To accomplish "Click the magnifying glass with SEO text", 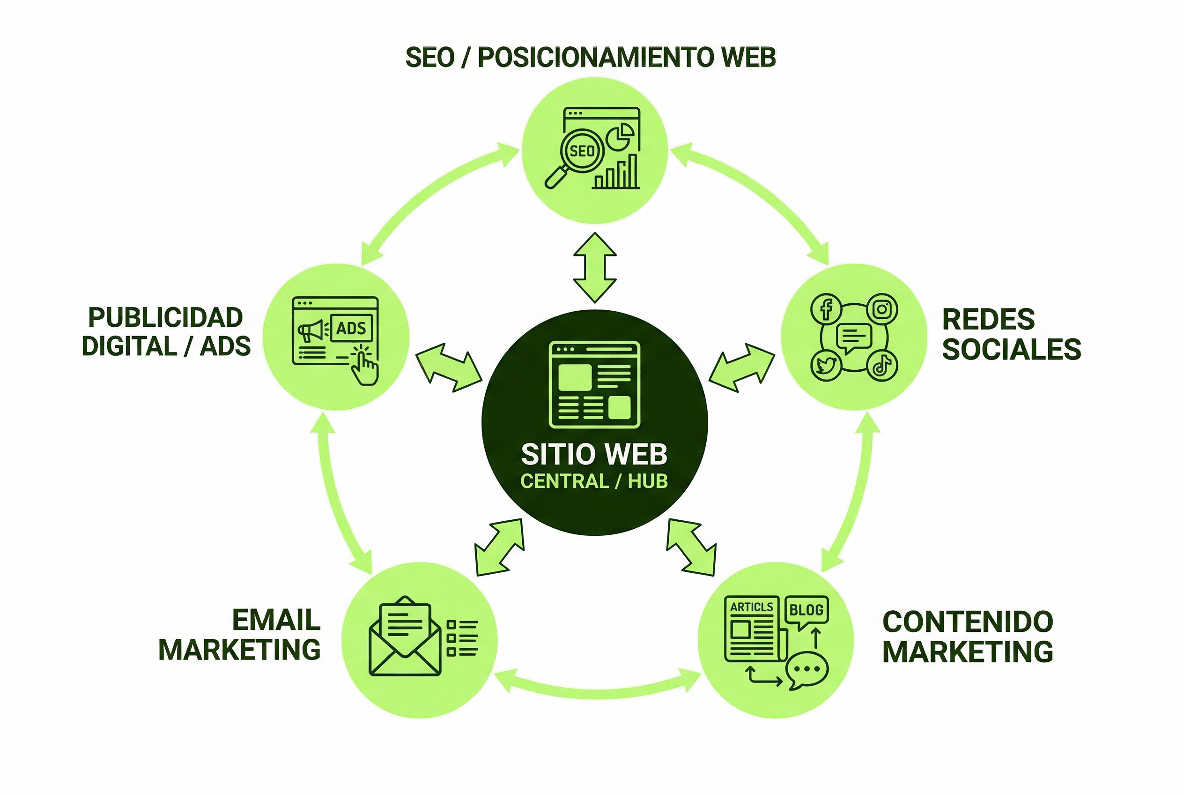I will coord(581,151).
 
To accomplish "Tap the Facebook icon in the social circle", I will coord(826,309).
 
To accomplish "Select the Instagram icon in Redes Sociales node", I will coord(882,309).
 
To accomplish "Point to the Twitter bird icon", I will coord(826,365).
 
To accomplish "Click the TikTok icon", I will coord(882,365).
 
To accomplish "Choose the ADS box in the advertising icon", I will coord(351,328).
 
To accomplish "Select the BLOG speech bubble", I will coord(806,610).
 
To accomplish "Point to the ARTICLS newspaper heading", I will coord(751,607).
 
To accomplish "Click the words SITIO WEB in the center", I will coord(594,454).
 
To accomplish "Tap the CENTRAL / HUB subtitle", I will coord(594,481).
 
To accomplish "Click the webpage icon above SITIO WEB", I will coord(595,384).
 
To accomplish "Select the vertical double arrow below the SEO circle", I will coord(595,268).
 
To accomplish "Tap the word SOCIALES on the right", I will coord(1011,349).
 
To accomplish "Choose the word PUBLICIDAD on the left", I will coord(166,318).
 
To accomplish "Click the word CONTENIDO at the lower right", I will coord(968,622).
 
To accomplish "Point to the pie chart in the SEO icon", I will coord(620,136).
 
